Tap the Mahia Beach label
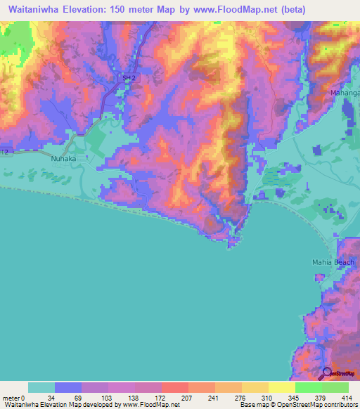pyautogui.click(x=333, y=262)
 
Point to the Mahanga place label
pyautogui.click(x=345, y=92)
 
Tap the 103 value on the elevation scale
pyautogui.click(x=103, y=398)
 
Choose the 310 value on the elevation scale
pyautogui.click(x=248, y=398)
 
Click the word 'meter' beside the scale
pyautogui.click(x=12, y=398)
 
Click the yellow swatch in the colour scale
pyautogui.click(x=281, y=387)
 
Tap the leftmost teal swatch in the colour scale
pyautogui.click(x=41, y=387)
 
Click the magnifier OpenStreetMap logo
pyautogui.click(x=327, y=372)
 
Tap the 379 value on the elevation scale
pyautogui.click(x=321, y=398)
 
